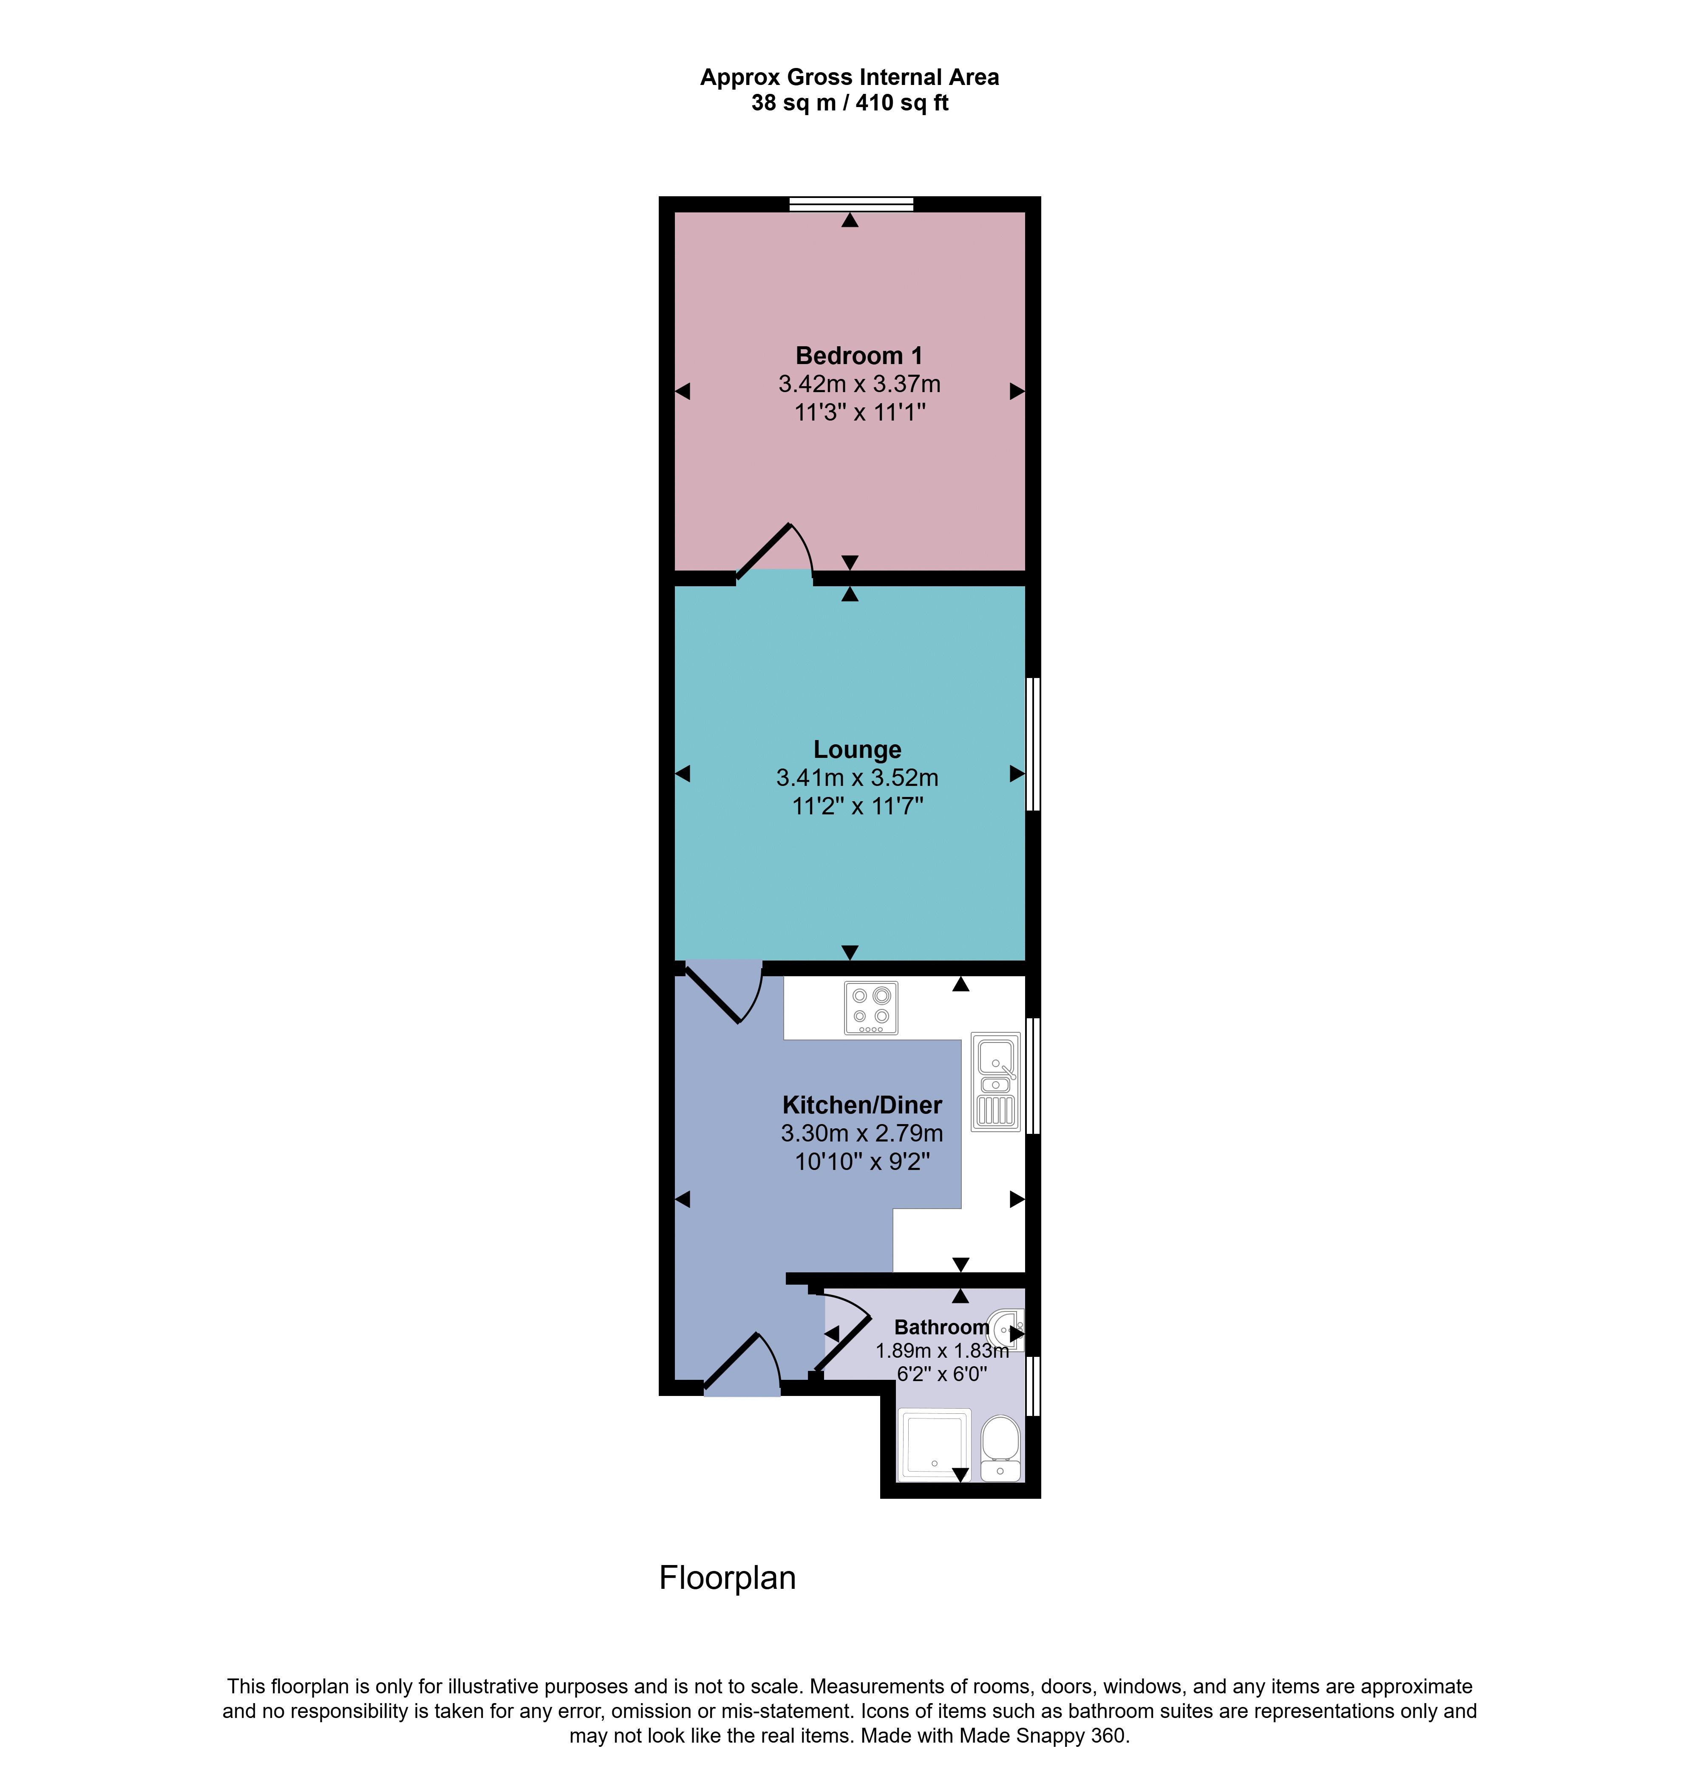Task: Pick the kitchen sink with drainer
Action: tap(995, 1082)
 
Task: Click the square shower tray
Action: tap(933, 1446)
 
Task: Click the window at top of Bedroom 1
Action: tap(851, 204)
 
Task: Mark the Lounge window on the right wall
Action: tap(1033, 744)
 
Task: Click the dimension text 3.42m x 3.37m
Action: tap(859, 384)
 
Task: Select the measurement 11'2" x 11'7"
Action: tap(857, 805)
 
